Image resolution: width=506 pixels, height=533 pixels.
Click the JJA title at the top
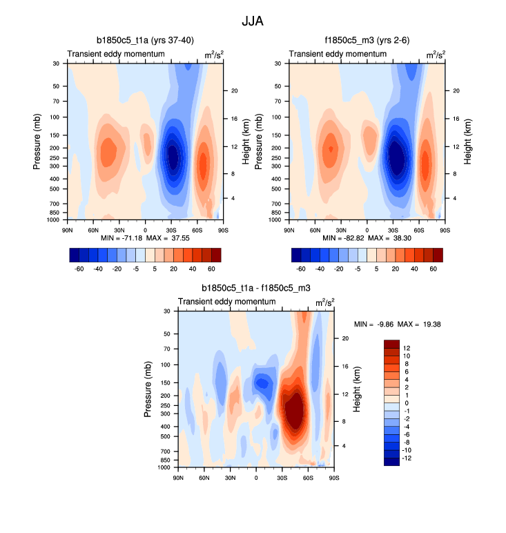click(252, 21)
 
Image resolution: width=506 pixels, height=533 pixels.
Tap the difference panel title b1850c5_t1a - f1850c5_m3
click(255, 289)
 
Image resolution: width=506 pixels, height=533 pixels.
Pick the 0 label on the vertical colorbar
click(407, 403)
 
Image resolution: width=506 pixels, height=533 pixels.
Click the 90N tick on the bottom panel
click(178, 477)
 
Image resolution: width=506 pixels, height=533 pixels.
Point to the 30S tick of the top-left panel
click(171, 229)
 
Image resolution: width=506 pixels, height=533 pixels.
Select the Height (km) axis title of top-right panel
click(467, 142)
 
